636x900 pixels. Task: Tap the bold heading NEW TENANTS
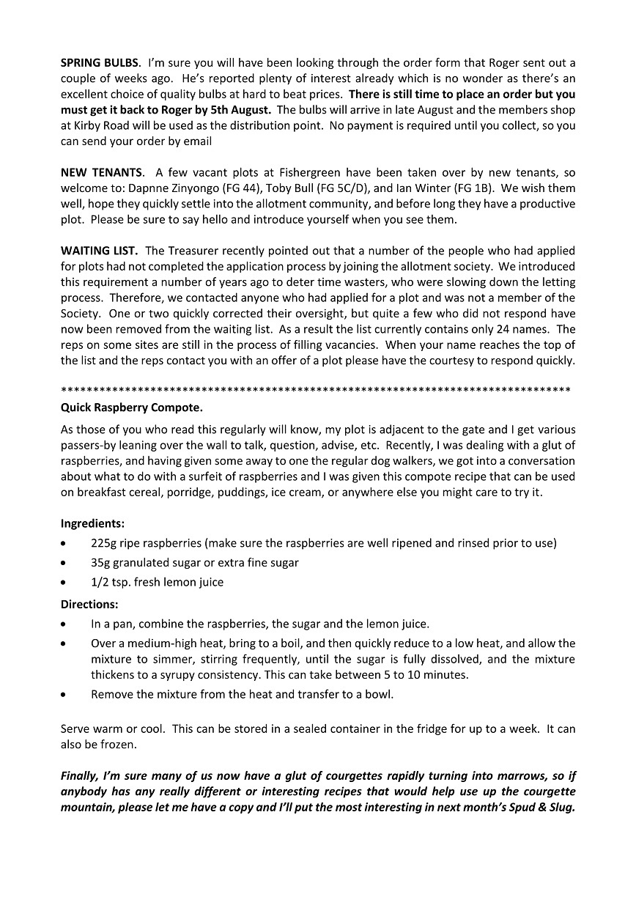101,172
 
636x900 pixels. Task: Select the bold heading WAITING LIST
99,251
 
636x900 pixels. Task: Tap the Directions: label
89,605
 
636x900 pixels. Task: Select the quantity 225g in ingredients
105,543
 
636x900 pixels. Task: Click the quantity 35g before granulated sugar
102,563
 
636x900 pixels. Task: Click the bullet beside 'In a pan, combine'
65,624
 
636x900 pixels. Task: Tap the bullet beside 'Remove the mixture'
65,694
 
